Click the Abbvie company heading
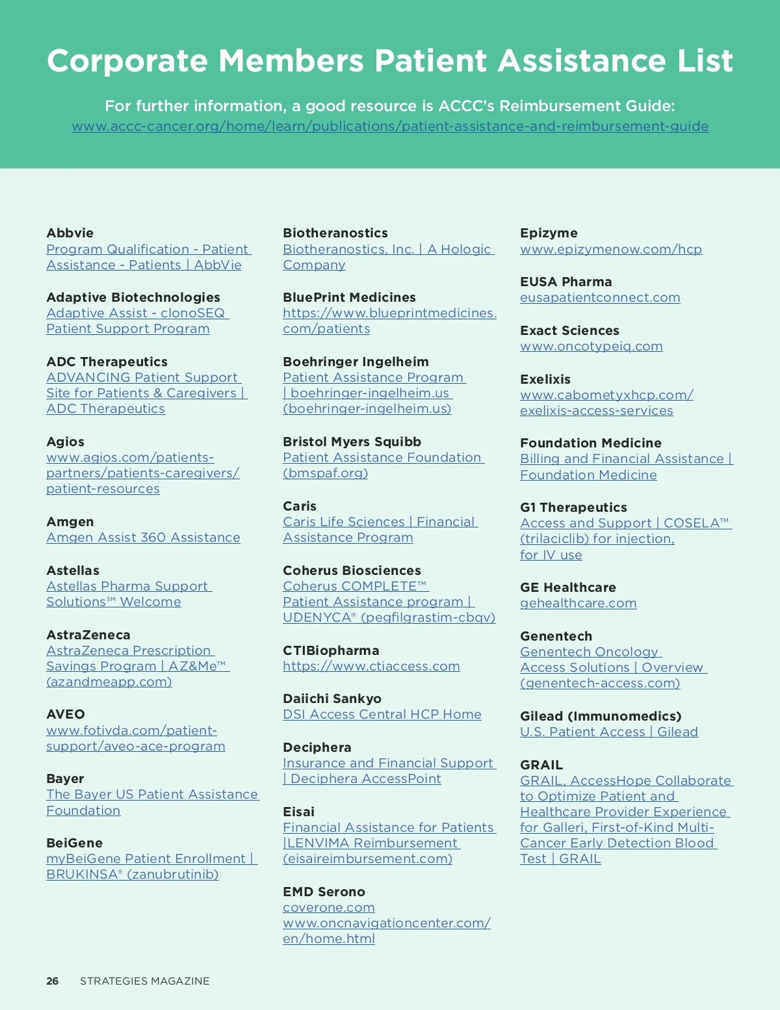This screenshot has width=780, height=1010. click(x=70, y=233)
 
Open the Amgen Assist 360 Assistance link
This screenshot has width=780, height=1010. click(x=143, y=538)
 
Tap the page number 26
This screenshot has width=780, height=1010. click(x=52, y=981)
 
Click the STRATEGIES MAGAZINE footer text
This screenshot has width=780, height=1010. click(x=144, y=981)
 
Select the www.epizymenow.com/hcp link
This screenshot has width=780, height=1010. click(x=610, y=250)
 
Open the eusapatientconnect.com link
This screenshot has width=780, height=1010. click(x=599, y=298)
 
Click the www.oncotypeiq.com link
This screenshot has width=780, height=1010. click(x=591, y=347)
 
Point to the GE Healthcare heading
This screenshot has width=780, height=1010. click(x=567, y=587)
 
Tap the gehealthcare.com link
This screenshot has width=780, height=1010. click(x=578, y=604)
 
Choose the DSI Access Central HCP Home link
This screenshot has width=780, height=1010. click(x=382, y=715)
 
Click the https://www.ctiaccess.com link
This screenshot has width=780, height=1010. click(x=371, y=667)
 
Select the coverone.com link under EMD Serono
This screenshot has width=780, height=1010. click(x=328, y=908)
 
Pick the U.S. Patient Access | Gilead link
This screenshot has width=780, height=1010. click(x=608, y=732)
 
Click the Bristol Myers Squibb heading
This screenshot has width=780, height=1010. click(x=352, y=442)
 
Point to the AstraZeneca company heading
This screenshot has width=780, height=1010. click(x=88, y=635)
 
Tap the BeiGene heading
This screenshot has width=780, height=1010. click(x=74, y=843)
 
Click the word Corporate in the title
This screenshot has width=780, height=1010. click(x=127, y=61)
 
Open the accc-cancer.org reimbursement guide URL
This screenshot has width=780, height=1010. click(x=390, y=127)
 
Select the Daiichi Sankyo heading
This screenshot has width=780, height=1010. click(x=331, y=698)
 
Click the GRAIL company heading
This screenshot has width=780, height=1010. click(x=541, y=765)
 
